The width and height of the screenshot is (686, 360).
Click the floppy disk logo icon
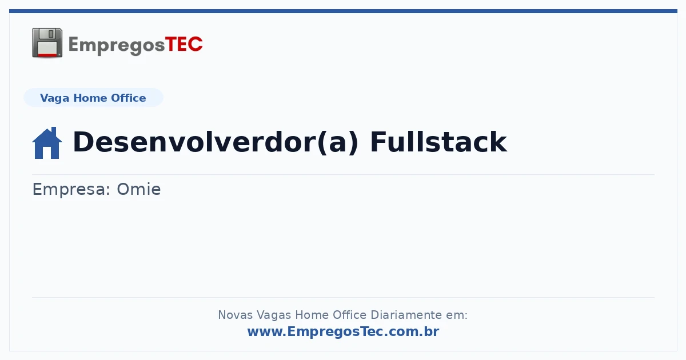point(47,43)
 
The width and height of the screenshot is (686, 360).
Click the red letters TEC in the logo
point(184,44)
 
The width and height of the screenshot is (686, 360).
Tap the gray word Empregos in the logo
point(117,46)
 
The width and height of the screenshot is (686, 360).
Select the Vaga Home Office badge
point(93,98)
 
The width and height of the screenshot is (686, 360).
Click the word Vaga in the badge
point(54,98)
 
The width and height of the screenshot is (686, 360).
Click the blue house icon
point(47,143)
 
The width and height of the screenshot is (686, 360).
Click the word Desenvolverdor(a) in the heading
point(216,142)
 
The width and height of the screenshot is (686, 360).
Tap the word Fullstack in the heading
point(438,142)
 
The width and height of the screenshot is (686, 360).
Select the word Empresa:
point(71,190)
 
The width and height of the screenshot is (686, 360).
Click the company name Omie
point(139,189)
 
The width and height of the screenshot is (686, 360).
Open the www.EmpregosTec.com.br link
point(343,331)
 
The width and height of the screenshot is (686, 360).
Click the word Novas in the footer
point(235,315)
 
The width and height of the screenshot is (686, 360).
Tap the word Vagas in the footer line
point(273,315)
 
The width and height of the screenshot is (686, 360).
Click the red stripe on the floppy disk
point(47,54)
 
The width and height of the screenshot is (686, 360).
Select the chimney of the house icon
point(54,131)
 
